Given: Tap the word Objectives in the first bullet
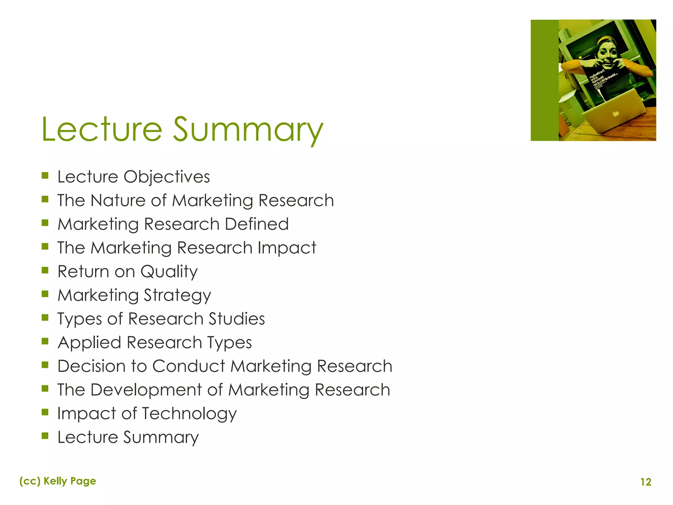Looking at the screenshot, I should tap(167, 177).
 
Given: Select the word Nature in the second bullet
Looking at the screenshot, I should tap(118, 201).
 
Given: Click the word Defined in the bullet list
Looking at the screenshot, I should tap(257, 224).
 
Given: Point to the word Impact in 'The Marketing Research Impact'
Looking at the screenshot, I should tap(287, 248).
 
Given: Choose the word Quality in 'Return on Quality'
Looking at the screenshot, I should tap(169, 272).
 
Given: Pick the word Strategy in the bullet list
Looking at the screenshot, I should tap(177, 296).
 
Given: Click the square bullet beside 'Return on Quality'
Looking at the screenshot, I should tap(45, 270).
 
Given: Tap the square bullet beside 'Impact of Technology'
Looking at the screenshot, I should tap(45, 412).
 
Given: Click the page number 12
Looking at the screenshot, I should tap(646, 482).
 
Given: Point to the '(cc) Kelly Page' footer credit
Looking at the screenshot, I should tap(58, 481).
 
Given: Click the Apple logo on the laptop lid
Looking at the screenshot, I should tap(615, 114).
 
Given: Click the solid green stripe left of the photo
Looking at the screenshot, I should tap(545, 80).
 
